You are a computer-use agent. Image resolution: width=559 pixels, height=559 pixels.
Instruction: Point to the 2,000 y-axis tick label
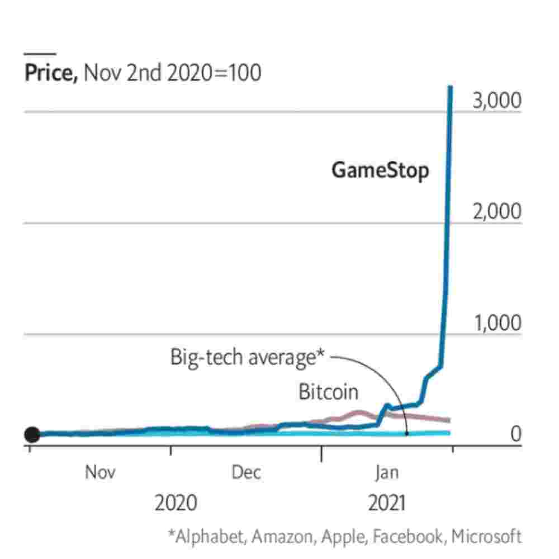[497, 212]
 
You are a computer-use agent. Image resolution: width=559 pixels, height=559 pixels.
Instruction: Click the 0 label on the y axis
[515, 434]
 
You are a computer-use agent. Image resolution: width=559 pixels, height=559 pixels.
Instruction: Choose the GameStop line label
[381, 170]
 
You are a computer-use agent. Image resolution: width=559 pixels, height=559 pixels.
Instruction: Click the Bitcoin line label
[328, 392]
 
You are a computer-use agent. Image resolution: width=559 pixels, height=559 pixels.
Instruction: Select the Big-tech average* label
[248, 357]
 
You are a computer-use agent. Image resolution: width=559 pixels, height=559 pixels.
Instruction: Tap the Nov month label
[101, 472]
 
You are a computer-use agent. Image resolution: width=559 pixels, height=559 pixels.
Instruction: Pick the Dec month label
[247, 472]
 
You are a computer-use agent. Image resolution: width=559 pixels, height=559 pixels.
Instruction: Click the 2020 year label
[176, 503]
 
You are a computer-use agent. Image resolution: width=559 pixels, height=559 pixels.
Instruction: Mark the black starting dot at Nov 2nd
[32, 434]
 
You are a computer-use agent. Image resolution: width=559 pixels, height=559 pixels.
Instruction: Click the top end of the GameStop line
[450, 87]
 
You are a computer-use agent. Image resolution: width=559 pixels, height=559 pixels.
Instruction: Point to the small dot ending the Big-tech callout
[407, 433]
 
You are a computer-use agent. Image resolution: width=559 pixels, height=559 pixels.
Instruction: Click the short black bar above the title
[40, 54]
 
